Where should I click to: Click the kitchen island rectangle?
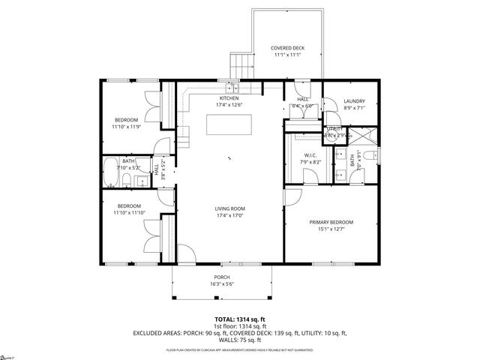coord(229,124)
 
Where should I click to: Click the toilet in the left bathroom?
coord(127,182)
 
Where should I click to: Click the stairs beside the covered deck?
coord(239,66)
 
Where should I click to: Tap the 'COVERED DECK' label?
coord(288,49)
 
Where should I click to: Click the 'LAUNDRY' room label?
coord(354,101)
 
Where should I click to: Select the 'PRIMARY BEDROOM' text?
coord(331,222)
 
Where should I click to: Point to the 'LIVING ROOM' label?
coord(229,208)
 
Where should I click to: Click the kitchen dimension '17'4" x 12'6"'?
coord(229,106)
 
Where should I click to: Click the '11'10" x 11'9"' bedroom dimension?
coord(126,127)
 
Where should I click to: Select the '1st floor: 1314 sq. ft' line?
coord(239,326)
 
